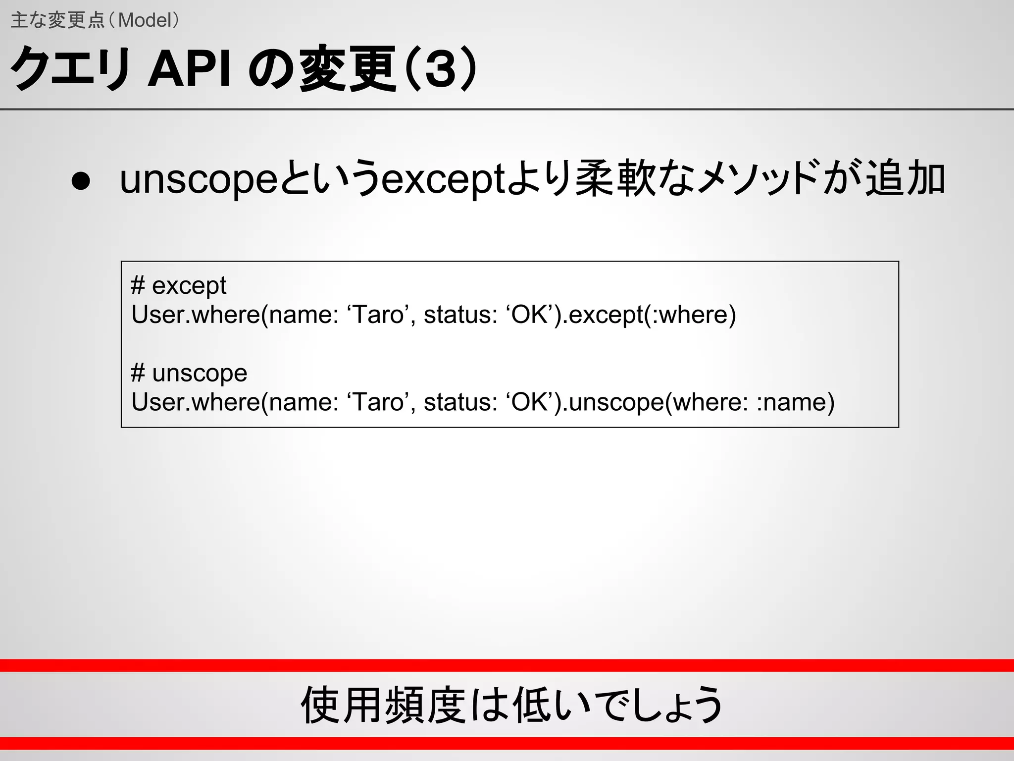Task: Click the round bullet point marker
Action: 80,181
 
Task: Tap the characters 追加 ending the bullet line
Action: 905,179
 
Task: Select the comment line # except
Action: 178,285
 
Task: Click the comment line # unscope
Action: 189,373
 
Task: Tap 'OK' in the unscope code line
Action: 532,402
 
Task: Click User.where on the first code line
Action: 196,315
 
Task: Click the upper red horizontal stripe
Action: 507,665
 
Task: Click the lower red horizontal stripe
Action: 507,743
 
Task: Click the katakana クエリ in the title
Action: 69,70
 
